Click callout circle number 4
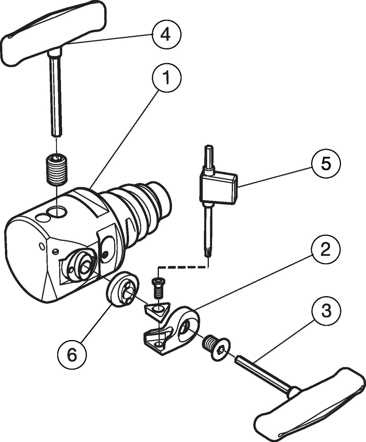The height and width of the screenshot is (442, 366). (166, 35)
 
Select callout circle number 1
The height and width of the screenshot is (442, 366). (166, 77)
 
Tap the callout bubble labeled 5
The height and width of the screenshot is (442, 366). (326, 164)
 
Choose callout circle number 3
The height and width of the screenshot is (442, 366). (326, 311)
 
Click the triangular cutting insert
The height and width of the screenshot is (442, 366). (156, 312)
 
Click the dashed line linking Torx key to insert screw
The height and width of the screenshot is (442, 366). (183, 268)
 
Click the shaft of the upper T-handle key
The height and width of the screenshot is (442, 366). (56, 97)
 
